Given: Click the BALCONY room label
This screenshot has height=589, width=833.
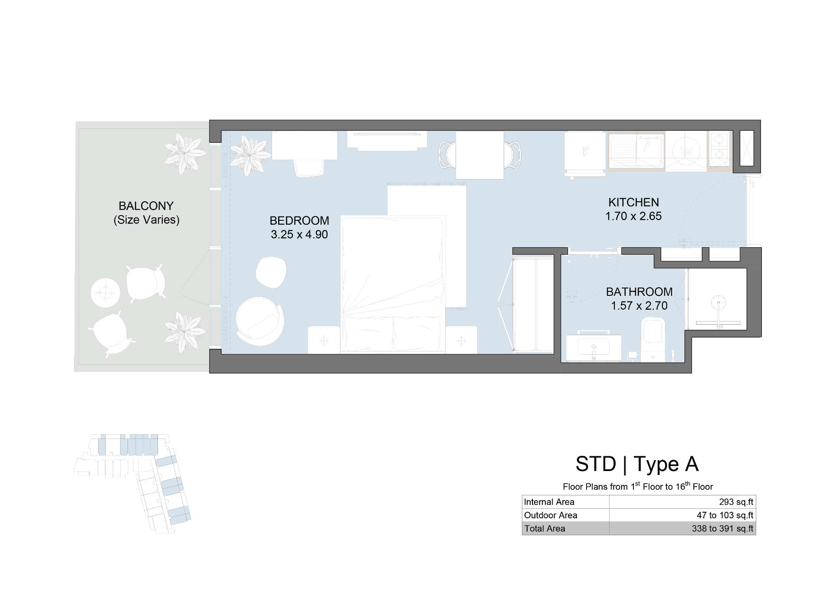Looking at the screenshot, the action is click(x=146, y=206).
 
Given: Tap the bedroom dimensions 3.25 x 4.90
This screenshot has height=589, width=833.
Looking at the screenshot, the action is click(x=299, y=235).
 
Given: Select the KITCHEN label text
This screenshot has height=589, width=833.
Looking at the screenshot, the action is click(x=633, y=202).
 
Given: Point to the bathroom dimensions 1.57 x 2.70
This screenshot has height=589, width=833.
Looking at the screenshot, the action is click(x=639, y=306).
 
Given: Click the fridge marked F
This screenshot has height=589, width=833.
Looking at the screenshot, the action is click(x=585, y=152).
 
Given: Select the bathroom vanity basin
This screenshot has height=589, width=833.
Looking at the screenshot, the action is click(x=594, y=347).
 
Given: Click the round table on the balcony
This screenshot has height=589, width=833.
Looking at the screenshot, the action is click(x=105, y=293).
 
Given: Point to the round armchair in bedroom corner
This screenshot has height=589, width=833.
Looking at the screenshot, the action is click(x=259, y=321).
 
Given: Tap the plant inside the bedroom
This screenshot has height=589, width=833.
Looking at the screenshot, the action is click(x=250, y=155).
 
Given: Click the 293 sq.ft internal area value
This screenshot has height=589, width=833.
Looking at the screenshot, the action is click(x=736, y=502).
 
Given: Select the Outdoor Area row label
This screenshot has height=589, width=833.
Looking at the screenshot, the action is click(x=551, y=515).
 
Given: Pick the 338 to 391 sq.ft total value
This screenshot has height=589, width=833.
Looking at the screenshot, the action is click(x=722, y=529).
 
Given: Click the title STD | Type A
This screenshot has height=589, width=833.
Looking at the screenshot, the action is click(x=637, y=464).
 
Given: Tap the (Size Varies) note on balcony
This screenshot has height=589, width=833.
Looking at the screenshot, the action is click(x=146, y=220).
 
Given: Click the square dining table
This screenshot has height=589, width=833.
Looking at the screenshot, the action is click(x=479, y=155).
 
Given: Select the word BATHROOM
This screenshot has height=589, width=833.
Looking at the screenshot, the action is click(x=639, y=291).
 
